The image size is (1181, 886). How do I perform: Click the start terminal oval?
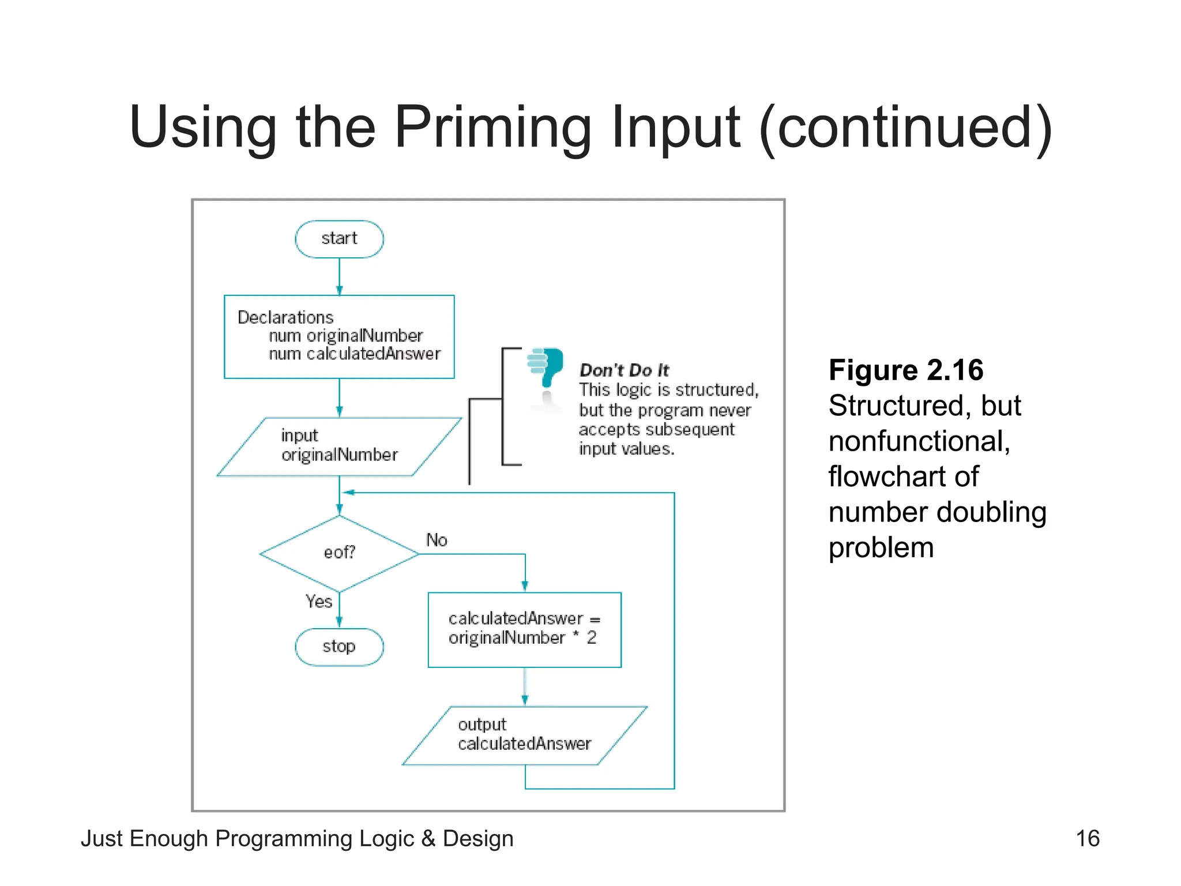(x=339, y=239)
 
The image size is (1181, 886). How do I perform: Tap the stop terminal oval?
(x=339, y=647)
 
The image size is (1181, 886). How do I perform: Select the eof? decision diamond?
(x=339, y=553)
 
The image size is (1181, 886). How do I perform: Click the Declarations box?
(x=339, y=336)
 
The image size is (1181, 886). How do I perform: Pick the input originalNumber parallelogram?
(x=339, y=446)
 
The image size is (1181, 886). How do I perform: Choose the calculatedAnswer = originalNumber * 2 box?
(x=524, y=629)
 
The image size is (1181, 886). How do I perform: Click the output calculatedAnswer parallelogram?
(x=524, y=735)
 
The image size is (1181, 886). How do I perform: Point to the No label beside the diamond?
(x=437, y=540)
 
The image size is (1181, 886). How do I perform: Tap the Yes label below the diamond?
(x=318, y=602)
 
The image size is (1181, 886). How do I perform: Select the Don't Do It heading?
(x=624, y=370)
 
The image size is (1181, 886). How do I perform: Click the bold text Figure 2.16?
(x=905, y=370)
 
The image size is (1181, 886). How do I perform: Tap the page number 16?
(x=1087, y=838)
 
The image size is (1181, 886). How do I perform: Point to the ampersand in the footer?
(x=428, y=838)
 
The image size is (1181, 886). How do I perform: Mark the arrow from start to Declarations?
(x=339, y=277)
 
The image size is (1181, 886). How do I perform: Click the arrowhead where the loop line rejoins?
(x=348, y=493)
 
